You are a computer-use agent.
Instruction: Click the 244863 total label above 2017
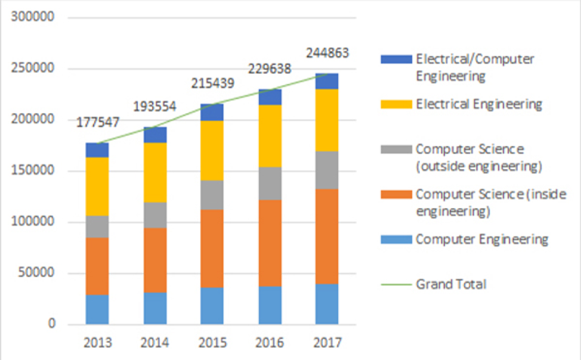point(327,53)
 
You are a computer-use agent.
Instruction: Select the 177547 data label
point(98,123)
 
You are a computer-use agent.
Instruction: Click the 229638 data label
point(269,69)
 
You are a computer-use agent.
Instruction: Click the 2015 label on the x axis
point(212,343)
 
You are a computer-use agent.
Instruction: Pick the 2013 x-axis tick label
point(97,343)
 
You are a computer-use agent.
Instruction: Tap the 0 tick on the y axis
point(52,325)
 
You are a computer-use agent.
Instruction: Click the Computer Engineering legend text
point(482,240)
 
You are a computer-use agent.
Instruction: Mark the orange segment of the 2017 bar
point(327,236)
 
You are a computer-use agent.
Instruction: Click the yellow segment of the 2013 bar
point(97,186)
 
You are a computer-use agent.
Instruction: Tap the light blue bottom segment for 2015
point(212,306)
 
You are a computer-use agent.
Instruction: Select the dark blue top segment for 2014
point(155,135)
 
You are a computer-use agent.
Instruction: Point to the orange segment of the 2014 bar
point(155,260)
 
